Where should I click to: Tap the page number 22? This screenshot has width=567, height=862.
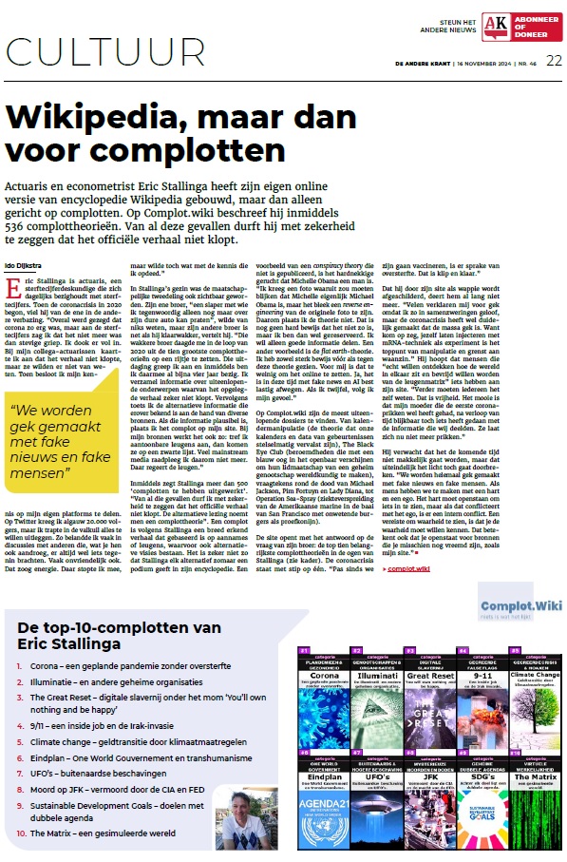click(x=554, y=60)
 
